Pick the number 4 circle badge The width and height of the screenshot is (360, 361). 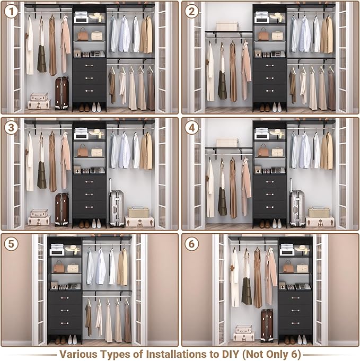point(192,128)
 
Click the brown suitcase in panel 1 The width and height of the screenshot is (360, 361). point(62,93)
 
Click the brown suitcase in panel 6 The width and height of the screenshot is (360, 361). point(267,325)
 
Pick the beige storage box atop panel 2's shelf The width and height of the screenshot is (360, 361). point(227,26)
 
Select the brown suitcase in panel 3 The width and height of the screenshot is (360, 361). point(62,209)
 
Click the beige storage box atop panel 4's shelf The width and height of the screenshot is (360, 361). point(227,143)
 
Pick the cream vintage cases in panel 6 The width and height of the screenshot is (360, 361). point(244,333)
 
